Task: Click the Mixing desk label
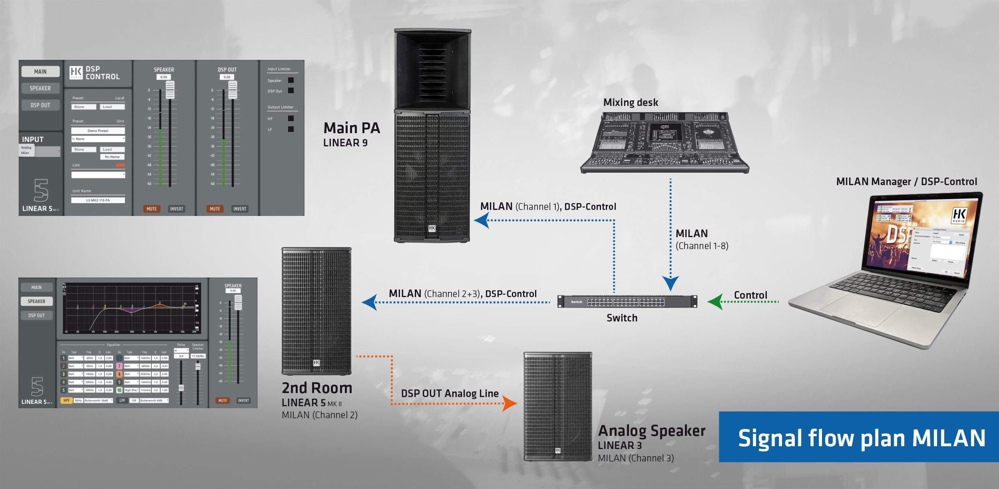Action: (631, 103)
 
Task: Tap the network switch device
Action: (627, 301)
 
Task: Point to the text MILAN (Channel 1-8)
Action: (701, 240)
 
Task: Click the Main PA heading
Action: (351, 128)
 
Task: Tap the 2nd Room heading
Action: (317, 388)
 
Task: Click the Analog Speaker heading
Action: (651, 431)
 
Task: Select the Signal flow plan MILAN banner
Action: (859, 437)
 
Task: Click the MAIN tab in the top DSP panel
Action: (40, 72)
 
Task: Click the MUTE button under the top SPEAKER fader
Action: (151, 209)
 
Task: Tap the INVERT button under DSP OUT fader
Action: (240, 209)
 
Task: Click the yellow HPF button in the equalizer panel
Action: (66, 400)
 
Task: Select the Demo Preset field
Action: (98, 131)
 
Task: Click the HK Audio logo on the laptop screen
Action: (959, 216)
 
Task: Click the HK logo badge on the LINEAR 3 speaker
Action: (558, 451)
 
